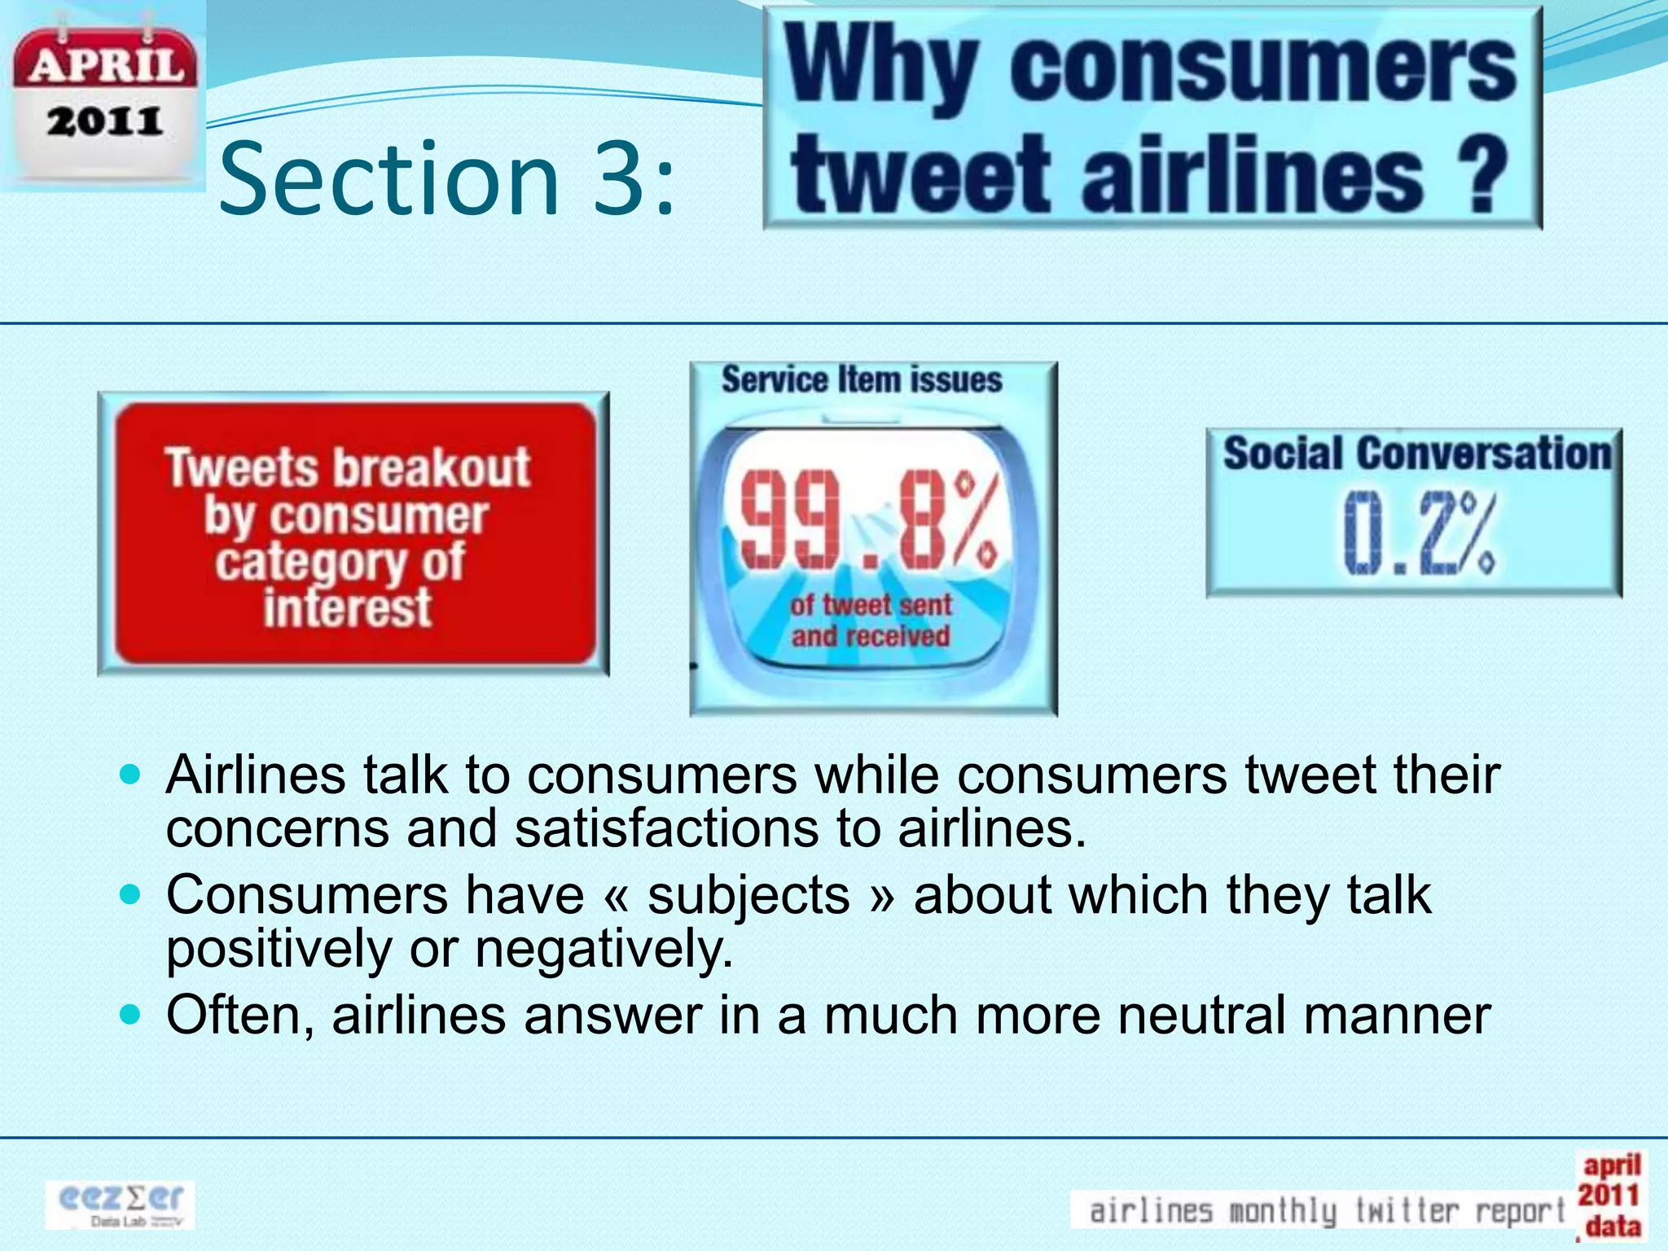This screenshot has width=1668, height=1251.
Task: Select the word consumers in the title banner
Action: pyautogui.click(x=1262, y=66)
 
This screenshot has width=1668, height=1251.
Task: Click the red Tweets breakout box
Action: pyautogui.click(x=353, y=534)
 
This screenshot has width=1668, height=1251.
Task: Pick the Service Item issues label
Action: pyautogui.click(x=862, y=380)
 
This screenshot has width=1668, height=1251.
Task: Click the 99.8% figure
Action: pyautogui.click(x=870, y=522)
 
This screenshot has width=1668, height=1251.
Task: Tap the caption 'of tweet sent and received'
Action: pyautogui.click(x=871, y=621)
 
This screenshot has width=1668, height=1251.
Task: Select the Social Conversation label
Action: pyautogui.click(x=1416, y=453)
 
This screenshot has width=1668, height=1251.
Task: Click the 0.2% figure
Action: pyautogui.click(x=1418, y=534)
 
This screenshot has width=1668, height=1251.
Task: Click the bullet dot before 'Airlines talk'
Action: pyautogui.click(x=130, y=774)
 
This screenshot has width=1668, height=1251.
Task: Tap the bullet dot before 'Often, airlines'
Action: pyautogui.click(x=130, y=1015)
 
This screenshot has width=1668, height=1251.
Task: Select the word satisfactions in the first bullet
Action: pyautogui.click(x=667, y=828)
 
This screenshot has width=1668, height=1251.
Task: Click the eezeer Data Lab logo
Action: pyautogui.click(x=121, y=1204)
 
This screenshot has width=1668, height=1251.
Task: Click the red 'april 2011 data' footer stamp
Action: pyautogui.click(x=1609, y=1196)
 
